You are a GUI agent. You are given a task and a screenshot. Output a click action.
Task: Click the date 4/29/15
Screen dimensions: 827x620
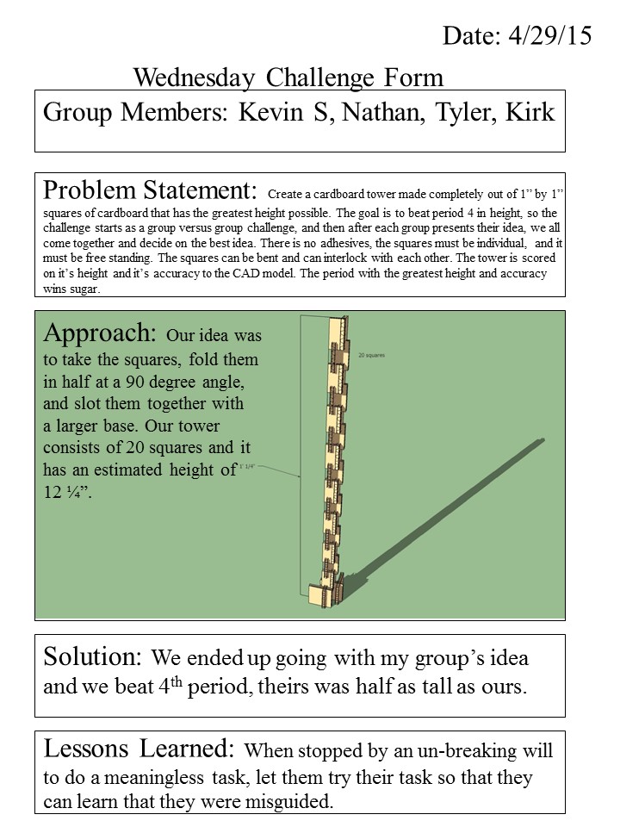click(x=549, y=35)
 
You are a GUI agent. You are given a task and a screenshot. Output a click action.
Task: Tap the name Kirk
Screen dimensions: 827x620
click(x=530, y=113)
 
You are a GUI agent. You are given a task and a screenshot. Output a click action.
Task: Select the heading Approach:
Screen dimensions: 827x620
click(x=101, y=333)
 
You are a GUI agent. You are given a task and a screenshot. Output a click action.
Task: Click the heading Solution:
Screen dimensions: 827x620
click(x=92, y=657)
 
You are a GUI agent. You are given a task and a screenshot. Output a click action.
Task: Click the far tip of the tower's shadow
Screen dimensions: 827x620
click(x=542, y=442)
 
